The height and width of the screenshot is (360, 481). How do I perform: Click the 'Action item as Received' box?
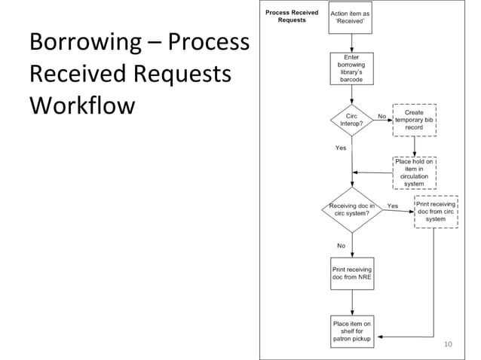click(x=350, y=17)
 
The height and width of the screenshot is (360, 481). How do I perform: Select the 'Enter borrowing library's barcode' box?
click(x=351, y=69)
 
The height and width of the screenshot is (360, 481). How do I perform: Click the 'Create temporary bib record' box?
click(x=414, y=121)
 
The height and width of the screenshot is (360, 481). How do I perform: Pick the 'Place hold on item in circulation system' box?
click(x=414, y=172)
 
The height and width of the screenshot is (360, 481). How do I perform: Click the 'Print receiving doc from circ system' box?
click(x=435, y=209)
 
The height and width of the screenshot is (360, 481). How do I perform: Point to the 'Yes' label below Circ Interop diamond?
click(x=341, y=148)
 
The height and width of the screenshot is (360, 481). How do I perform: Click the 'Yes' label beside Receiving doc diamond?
click(x=392, y=205)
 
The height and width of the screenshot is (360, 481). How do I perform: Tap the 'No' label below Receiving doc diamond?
click(x=341, y=246)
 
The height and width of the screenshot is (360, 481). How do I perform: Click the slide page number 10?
click(x=448, y=345)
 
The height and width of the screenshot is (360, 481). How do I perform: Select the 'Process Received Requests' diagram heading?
click(x=291, y=17)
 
